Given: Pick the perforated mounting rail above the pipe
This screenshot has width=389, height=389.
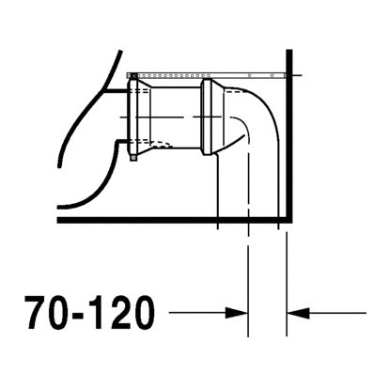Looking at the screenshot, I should coord(207,72).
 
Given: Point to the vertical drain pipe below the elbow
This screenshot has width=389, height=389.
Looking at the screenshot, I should coord(248,188).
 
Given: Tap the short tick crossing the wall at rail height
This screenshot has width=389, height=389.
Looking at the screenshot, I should coord(293,72).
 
